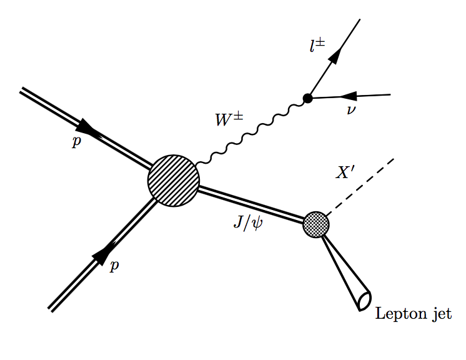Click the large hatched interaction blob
coord(174,181)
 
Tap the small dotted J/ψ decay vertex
coord(316,224)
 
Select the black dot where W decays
coord(307,98)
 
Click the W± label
coord(229,119)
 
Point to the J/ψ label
coord(248,222)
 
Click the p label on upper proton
coord(76,141)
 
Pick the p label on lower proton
coord(114,266)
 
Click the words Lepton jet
coord(413,314)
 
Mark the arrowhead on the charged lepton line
coord(334,56)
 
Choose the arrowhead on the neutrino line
coord(347,96)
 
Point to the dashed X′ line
coord(361,186)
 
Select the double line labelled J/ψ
coord(250,203)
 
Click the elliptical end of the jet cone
coord(364,301)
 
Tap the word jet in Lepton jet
coord(438,314)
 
